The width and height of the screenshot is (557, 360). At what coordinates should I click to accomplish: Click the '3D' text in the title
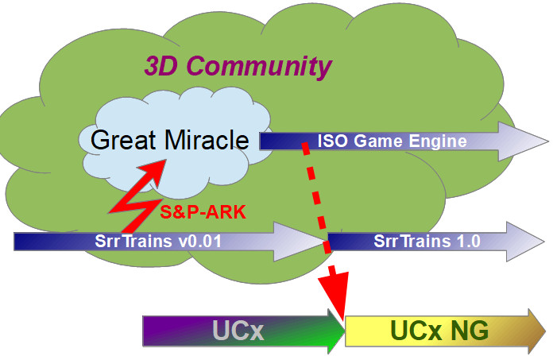pyautogui.click(x=162, y=67)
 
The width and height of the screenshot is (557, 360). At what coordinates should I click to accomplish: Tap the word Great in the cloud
pyautogui.click(x=125, y=141)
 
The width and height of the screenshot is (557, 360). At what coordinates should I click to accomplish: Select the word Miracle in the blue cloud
pyautogui.click(x=207, y=141)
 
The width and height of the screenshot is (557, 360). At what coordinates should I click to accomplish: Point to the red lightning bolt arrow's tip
pyautogui.click(x=166, y=163)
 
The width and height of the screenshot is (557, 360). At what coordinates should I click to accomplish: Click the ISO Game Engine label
pyautogui.click(x=392, y=142)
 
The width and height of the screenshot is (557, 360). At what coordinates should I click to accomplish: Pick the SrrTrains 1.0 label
pyautogui.click(x=422, y=241)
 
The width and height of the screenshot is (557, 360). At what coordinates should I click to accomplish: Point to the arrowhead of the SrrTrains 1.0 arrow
pyautogui.click(x=525, y=241)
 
